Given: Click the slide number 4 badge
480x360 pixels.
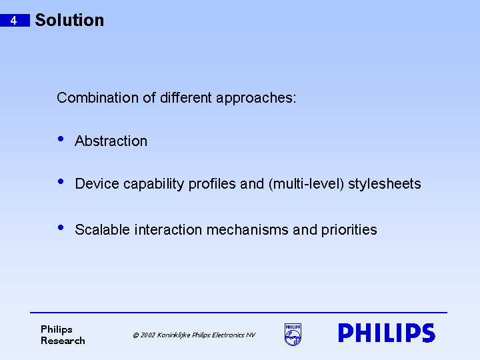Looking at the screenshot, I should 14,21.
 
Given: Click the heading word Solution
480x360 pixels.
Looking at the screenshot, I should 69,20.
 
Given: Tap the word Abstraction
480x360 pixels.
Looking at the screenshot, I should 111,141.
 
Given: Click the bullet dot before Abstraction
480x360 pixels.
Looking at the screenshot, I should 61,139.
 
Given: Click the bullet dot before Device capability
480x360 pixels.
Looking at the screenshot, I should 61,181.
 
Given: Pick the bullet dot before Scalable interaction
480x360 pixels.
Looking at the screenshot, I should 61,227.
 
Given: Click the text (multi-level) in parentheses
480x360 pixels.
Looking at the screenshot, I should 306,184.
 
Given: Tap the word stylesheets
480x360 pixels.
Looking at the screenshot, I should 385,184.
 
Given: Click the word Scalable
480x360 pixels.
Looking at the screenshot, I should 102,230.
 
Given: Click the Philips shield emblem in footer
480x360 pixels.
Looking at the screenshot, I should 293,334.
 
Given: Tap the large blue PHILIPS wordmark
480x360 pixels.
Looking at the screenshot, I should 386,333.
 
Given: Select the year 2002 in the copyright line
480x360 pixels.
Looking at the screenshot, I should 148,335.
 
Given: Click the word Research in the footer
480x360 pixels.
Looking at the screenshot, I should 63,341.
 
